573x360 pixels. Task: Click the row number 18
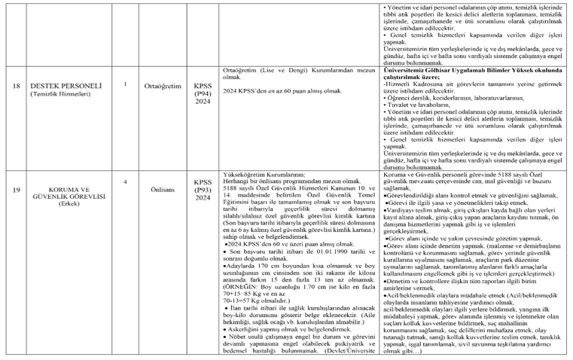click(x=16, y=85)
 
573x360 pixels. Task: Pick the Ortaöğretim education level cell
click(x=163, y=86)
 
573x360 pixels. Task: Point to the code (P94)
click(x=203, y=86)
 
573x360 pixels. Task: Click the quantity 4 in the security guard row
click(x=125, y=182)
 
